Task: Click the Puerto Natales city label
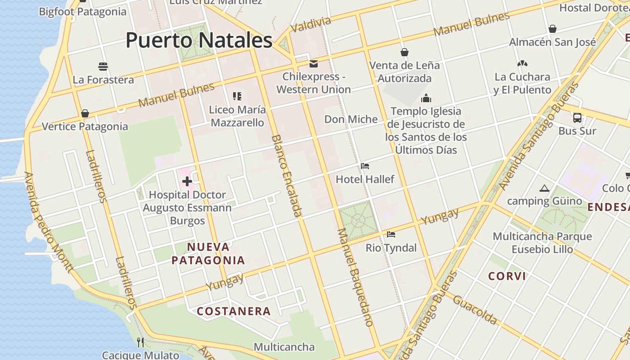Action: coord(199,40)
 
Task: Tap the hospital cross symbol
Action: coord(187,181)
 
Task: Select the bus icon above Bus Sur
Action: coord(577,118)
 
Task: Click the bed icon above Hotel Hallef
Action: coord(365,166)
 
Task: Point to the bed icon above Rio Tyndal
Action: coord(391,234)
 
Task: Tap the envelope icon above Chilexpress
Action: coord(313,63)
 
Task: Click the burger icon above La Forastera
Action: coord(103,67)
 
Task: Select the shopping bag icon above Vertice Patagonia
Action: coord(85,113)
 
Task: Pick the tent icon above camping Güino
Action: coord(544,188)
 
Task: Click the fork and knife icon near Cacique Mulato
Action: coord(140,342)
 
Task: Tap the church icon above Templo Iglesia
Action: coord(426,98)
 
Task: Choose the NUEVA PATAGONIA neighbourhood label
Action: coord(208,253)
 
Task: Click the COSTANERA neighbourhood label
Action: coord(234,311)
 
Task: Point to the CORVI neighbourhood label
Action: coord(507,276)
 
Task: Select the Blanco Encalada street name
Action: coord(286,175)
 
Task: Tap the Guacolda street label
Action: coord(475,310)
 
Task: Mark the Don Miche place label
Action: coord(351,119)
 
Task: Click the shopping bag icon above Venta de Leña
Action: coord(405,52)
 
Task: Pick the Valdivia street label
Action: coord(311,25)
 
